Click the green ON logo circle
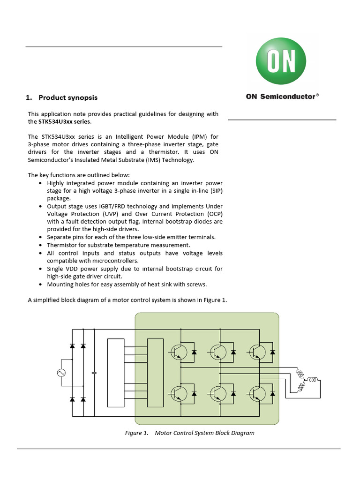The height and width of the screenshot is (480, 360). [281, 61]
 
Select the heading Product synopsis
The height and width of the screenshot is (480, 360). [68, 97]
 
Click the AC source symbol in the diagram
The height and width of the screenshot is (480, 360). [61, 373]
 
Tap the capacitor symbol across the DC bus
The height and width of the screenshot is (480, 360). [95, 373]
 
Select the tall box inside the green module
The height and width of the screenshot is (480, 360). [156, 373]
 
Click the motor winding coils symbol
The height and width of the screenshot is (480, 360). [307, 379]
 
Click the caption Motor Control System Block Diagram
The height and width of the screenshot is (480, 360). [204, 433]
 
